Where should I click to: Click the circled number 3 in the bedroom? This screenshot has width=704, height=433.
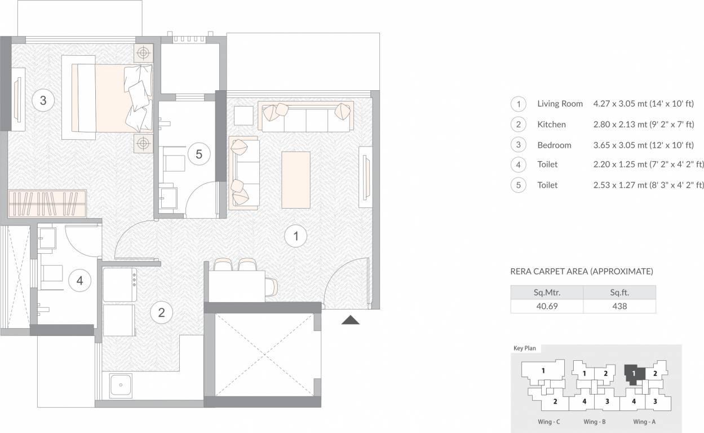(x=43, y=100)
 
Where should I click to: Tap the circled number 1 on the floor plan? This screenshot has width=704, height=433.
(x=296, y=236)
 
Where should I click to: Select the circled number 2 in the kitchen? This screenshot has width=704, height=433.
(x=162, y=312)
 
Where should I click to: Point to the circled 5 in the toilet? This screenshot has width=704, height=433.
(x=199, y=154)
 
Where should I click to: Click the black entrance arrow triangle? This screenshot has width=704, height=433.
(x=351, y=320)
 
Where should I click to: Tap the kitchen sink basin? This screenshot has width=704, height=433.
(x=121, y=386)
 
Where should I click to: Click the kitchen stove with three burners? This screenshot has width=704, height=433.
(x=120, y=285)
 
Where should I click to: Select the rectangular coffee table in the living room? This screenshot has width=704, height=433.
(x=296, y=180)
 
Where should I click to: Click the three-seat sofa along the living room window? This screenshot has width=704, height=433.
(x=306, y=116)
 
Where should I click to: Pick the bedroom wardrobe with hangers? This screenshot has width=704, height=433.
(x=47, y=204)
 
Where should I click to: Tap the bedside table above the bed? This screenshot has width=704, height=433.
(x=143, y=53)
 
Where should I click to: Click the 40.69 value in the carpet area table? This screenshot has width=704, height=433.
(x=547, y=306)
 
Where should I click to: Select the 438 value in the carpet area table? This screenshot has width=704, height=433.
(x=619, y=306)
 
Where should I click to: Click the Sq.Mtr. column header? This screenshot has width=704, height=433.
(x=547, y=293)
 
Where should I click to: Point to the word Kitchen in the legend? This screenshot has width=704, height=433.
(x=552, y=125)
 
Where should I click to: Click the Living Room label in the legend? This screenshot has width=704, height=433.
(x=560, y=104)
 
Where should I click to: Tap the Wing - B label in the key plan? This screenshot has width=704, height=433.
(x=594, y=422)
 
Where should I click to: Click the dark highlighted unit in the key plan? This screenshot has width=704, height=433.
(x=634, y=375)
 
